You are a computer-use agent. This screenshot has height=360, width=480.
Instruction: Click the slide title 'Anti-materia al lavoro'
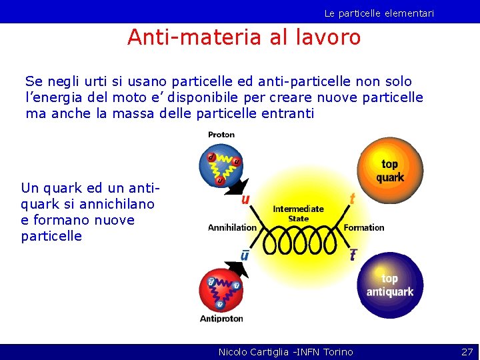pos(243,37)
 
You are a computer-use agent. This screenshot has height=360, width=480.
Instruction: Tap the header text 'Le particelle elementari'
pos(379,13)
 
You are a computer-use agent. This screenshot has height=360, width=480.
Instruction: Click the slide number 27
pos(467,351)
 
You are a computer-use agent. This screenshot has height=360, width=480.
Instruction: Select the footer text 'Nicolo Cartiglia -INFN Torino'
pos(285,351)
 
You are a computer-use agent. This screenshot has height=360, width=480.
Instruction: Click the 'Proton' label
pos(221,135)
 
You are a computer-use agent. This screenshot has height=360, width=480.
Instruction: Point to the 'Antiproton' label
pos(221,319)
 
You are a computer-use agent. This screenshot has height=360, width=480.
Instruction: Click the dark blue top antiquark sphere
pos(389,285)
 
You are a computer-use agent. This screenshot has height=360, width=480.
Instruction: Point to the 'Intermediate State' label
pos(298,213)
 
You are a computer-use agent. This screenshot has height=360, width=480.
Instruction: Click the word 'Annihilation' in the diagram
pos(232,227)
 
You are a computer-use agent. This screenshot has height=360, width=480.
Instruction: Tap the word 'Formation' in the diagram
pos(364,227)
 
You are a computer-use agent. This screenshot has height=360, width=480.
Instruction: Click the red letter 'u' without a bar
pos(246,198)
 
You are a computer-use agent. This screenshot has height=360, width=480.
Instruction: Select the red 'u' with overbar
pos(246,255)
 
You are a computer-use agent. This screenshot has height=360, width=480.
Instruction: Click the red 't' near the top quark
pos(352,198)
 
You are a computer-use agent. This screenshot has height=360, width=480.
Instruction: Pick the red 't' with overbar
pos(353,255)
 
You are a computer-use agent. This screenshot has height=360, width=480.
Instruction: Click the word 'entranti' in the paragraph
pos(286,113)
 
